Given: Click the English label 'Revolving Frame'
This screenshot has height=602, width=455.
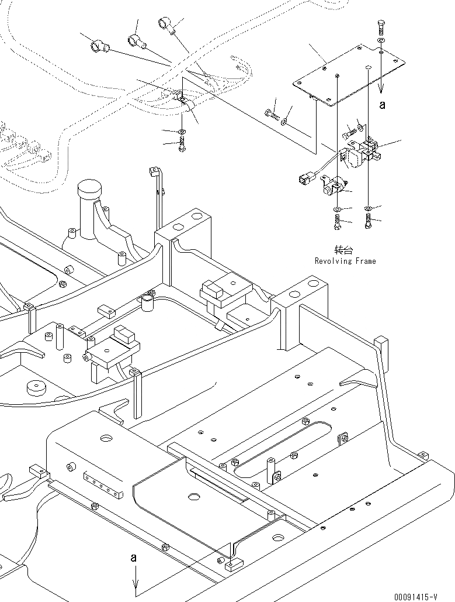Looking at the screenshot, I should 345,261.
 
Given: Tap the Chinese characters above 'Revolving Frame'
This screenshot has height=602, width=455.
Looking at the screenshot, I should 345,250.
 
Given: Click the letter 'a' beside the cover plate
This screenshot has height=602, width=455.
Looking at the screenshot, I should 382,105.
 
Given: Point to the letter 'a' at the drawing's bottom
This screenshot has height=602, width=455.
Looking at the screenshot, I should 134,559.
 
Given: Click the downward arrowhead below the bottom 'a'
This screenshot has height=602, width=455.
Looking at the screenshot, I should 136,585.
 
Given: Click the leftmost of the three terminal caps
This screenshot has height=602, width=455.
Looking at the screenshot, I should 97,46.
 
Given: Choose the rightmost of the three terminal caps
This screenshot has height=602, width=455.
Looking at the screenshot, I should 165,25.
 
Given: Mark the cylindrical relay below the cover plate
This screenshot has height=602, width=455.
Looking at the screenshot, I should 331,187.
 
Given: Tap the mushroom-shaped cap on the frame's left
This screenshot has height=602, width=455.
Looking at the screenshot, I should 89,191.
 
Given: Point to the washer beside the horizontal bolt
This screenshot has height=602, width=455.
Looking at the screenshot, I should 284,122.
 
